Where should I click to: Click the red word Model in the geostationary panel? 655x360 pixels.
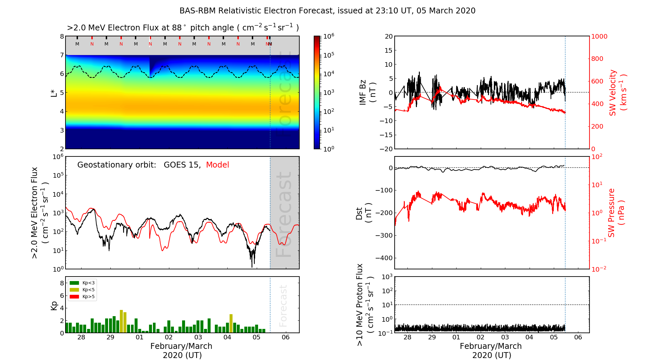[217, 165]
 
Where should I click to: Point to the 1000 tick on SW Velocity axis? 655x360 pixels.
[599, 36]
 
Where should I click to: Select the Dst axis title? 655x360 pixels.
[364, 213]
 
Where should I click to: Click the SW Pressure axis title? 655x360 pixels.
[616, 213]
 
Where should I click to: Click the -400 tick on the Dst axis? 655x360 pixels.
[384, 258]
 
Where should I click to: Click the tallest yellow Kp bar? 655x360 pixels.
[121, 321]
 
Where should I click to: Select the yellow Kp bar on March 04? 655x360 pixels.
[231, 323]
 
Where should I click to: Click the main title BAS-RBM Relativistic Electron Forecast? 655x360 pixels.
[327, 11]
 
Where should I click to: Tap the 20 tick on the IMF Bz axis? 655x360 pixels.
[388, 36]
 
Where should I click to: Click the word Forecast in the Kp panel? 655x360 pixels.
[283, 306]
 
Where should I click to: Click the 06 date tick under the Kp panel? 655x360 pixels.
[286, 337]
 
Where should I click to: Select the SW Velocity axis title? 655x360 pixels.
[618, 93]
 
